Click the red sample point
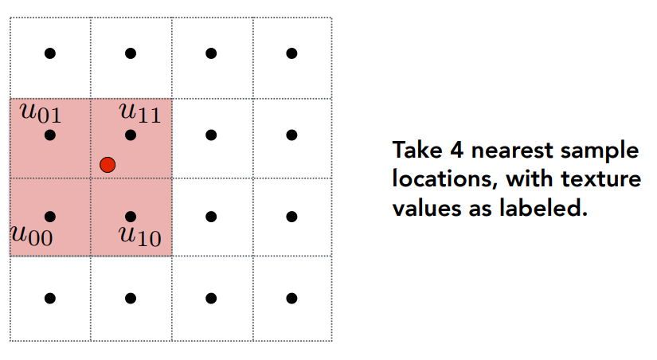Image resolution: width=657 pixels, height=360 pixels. click(x=108, y=165)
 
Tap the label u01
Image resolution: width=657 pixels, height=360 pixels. click(x=41, y=113)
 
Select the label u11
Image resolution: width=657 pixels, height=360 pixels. click(x=140, y=113)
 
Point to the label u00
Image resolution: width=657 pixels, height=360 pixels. click(x=31, y=236)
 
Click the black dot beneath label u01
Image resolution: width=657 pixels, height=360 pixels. click(x=50, y=135)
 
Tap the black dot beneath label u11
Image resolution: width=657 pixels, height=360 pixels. click(x=131, y=135)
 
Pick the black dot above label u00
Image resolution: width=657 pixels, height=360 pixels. click(x=50, y=216)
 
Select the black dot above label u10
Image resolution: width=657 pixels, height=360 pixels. click(x=131, y=216)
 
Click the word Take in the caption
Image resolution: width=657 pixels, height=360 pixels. click(x=416, y=151)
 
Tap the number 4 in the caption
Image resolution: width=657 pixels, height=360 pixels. click(x=455, y=151)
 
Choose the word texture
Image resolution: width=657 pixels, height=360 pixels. click(x=604, y=181)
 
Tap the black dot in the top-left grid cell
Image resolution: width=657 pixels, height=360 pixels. click(x=50, y=53)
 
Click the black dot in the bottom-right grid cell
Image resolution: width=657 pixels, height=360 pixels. click(x=292, y=298)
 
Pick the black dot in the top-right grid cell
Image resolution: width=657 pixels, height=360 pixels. click(x=292, y=53)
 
